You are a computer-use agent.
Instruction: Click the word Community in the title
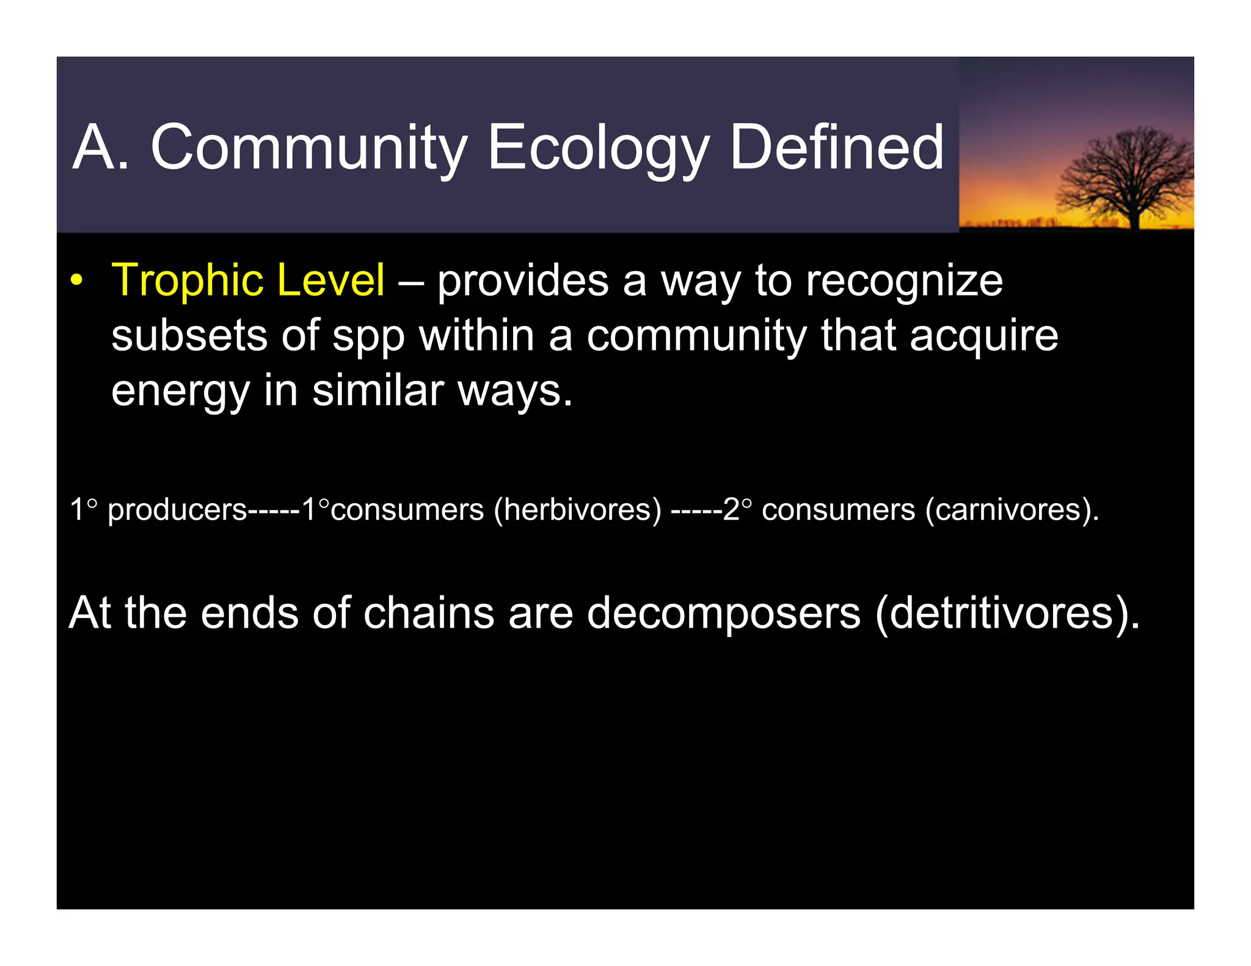[308, 148]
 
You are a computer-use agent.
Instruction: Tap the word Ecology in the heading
[597, 148]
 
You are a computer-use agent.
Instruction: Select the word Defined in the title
[836, 148]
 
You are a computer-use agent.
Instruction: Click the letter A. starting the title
[101, 148]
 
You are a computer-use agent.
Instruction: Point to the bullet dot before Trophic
[76, 281]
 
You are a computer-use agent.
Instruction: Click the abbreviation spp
[368, 337]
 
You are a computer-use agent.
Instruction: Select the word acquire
[983, 337]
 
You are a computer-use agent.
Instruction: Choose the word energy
[180, 392]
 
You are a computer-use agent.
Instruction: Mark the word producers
[177, 510]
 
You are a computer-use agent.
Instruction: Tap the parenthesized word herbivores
[577, 510]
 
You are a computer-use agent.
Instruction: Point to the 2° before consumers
[737, 509]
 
